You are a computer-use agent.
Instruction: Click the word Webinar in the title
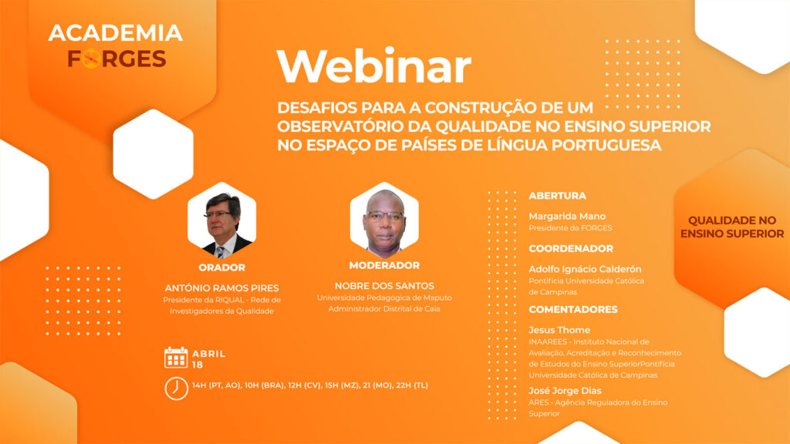tap(373, 66)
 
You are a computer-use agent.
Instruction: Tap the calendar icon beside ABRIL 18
tap(176, 358)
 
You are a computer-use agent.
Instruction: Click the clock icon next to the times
tap(177, 388)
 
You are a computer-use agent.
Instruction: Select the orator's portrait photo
tap(221, 220)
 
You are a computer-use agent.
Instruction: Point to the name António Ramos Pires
tap(221, 288)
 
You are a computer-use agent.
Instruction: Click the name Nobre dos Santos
tap(384, 286)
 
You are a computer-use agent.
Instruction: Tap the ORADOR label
tap(221, 267)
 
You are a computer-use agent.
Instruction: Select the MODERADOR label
tap(384, 265)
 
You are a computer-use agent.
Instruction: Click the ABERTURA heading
tap(557, 196)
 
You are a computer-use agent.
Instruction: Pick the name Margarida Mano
tap(567, 217)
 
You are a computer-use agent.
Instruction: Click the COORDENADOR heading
tap(571, 249)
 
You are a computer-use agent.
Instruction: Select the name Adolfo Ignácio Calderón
tap(585, 269)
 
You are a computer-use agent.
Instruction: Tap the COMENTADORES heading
tap(573, 310)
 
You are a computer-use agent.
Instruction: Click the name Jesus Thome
tap(559, 330)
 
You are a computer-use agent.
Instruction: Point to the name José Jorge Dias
tap(565, 391)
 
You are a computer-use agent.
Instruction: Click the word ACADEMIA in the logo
tap(116, 33)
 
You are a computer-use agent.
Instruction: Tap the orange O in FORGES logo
tap(92, 59)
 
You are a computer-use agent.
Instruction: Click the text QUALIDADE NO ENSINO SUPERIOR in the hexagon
tap(732, 227)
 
